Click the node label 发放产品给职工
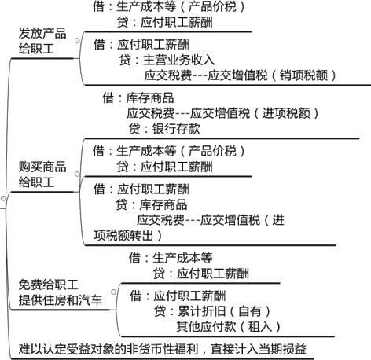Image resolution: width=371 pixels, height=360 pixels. pos(42,41)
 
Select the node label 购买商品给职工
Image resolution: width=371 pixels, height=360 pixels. pos(42,174)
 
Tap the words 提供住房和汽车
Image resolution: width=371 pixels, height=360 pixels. pos(60,300)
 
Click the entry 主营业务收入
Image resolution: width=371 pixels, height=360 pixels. pos(178,60)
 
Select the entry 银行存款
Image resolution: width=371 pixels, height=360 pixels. pos(176,129)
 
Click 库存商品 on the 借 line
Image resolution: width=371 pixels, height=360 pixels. pos(150,98)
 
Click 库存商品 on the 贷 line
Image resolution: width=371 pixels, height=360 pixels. pos(163,204)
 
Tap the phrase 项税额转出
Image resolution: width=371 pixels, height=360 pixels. pos(123,235)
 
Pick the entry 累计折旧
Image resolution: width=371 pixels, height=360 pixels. pos(202,311)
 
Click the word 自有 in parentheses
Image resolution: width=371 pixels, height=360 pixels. pos(250,311)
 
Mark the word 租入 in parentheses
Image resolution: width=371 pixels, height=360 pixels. pos(260,327)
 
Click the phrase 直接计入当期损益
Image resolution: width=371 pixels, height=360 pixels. pos(259,349)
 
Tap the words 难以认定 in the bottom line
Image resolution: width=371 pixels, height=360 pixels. pos(42,349)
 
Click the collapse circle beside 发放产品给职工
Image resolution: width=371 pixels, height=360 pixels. pos(77,41)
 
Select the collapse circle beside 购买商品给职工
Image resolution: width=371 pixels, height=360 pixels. pos(77,174)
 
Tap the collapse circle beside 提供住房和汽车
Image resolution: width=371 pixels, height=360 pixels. pos(113,292)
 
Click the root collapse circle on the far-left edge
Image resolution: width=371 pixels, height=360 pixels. pos(3,199)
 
